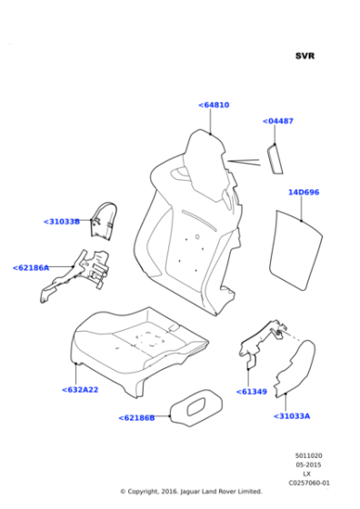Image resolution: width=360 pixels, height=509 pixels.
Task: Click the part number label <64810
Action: point(214,105)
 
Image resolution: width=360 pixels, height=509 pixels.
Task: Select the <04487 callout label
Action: point(278,121)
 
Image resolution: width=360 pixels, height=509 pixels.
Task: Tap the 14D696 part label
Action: point(304,192)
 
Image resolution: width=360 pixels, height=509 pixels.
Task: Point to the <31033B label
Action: point(62,222)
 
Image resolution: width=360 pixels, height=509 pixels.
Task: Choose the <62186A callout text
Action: point(31,268)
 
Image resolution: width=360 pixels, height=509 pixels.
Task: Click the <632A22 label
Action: point(80,390)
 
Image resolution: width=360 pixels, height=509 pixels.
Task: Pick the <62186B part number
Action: point(136,418)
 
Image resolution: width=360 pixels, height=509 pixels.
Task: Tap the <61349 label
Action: point(252,392)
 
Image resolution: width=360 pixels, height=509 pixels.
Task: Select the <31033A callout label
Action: point(292,416)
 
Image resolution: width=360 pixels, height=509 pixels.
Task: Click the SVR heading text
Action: point(305,55)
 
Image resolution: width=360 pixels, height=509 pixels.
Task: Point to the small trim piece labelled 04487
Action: point(275,159)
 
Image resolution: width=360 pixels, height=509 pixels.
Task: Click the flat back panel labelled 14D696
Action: point(295,250)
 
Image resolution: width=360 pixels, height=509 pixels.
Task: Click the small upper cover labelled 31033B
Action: point(104,222)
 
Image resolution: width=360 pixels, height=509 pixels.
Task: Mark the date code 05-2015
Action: point(308,464)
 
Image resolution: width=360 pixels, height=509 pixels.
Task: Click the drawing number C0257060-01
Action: point(309,483)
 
